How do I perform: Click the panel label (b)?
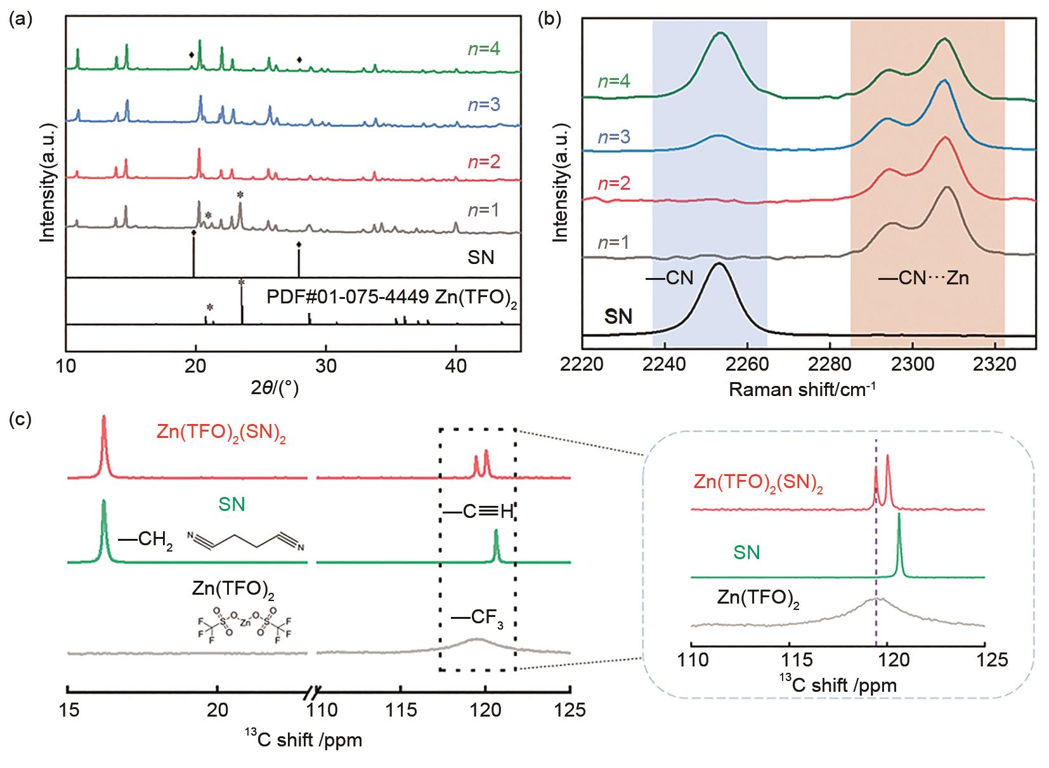pos(550,20)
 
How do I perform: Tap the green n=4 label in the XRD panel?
pos(483,49)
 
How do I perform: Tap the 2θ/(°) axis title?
pos(276,389)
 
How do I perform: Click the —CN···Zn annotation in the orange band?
pos(923,277)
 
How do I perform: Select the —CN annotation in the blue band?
pos(670,277)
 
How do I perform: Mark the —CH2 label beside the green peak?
pos(145,541)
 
